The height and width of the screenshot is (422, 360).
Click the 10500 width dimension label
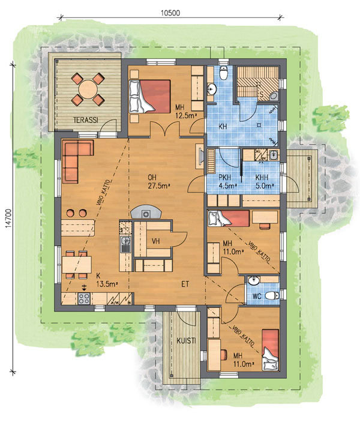(x=170, y=13)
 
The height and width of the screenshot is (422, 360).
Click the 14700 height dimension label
(x=8, y=219)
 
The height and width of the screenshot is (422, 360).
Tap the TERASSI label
(x=86, y=120)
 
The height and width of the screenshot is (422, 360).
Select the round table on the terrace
(x=88, y=89)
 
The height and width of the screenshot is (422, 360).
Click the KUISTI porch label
(x=186, y=341)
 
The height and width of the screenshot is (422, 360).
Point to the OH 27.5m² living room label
(x=159, y=181)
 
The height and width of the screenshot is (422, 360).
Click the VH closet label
(x=155, y=241)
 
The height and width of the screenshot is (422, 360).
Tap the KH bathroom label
(x=223, y=127)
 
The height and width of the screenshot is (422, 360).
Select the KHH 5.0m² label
(x=265, y=181)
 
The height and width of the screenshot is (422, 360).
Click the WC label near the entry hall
(x=257, y=297)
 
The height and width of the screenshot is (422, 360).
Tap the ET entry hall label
(x=185, y=284)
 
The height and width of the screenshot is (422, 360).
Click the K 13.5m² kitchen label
(x=107, y=280)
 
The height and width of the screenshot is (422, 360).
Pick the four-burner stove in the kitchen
(x=84, y=298)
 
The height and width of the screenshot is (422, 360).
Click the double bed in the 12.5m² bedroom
(x=150, y=96)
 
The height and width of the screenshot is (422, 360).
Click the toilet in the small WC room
(x=272, y=296)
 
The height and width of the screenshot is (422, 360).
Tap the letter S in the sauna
(x=261, y=95)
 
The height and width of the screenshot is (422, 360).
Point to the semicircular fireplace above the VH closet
(x=146, y=212)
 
